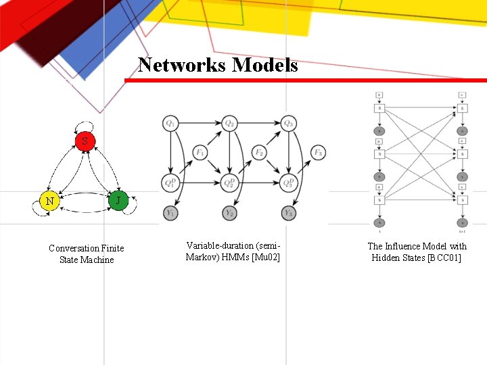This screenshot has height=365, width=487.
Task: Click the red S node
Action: pos(84,141)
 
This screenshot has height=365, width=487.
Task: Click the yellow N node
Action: pos(49,201)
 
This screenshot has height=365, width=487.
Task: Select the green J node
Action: pos(118,200)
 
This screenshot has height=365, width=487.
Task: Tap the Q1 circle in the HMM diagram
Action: pos(170,124)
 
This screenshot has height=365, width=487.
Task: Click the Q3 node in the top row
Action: pos(289,124)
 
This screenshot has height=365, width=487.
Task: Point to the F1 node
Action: pos(200,153)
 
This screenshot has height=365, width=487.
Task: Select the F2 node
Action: pos(259,153)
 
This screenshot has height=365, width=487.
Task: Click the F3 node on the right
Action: pos(318,153)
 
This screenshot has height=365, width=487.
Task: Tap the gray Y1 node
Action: pos(170,213)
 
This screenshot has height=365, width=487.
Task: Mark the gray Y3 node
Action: pos(289,213)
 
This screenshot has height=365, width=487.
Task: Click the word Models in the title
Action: pos(265,65)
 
